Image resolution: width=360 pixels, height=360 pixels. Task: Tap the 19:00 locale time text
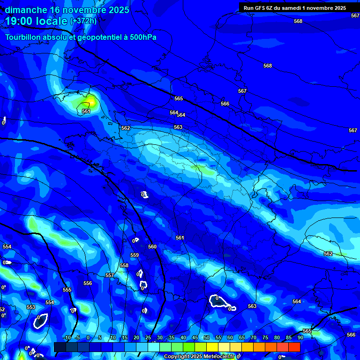coord(36,21)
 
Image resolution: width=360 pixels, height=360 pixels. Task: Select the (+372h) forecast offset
coord(83,21)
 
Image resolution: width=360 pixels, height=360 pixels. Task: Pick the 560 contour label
coord(152,247)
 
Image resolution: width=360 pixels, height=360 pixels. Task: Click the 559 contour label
coord(135,255)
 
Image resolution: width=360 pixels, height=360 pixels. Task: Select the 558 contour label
coord(124,265)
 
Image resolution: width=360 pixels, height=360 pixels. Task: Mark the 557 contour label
coord(110,275)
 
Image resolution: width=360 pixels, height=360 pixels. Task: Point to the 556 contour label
coord(88,283)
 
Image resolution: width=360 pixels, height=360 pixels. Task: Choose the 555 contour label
coord(67,290)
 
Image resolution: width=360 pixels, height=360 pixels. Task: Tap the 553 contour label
coord(31,307)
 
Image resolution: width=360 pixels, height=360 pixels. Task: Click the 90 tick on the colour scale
coord(300,337)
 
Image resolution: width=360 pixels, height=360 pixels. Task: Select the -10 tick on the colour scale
coord(67,337)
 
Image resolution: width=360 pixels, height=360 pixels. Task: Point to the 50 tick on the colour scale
coord(207,337)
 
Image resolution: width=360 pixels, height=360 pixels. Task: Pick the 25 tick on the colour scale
coord(148,337)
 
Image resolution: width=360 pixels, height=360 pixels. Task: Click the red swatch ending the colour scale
coord(294,347)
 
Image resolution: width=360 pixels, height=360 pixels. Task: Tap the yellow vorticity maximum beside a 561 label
coord(90,101)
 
